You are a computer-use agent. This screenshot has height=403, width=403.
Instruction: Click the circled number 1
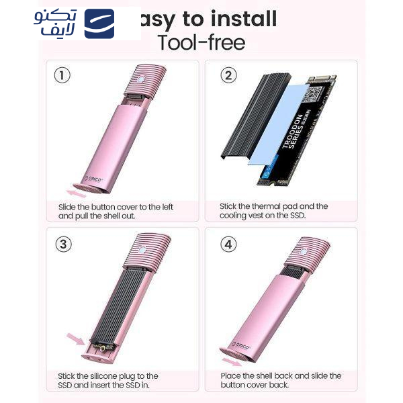pos(62,75)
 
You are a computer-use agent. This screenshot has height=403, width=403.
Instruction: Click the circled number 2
pos(229,75)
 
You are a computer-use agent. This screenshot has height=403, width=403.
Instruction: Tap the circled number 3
pos(62,244)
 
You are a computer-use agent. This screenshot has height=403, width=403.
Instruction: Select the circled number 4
pos(229,244)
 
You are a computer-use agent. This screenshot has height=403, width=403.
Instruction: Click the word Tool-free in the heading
pos(201,42)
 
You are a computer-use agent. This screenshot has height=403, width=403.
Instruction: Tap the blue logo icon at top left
pos(99,24)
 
